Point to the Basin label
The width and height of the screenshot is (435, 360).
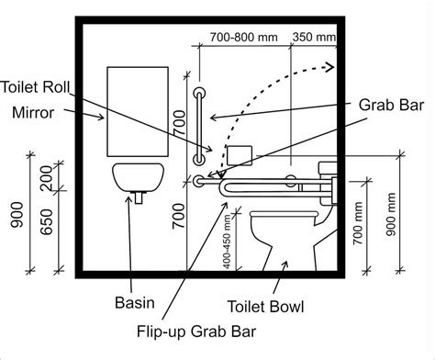coord(134,302)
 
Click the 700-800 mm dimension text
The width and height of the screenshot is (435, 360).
coord(243,38)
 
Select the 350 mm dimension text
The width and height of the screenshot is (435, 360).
coord(314,38)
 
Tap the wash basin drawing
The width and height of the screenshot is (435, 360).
coord(138,177)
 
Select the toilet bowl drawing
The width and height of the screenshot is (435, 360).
coord(281,235)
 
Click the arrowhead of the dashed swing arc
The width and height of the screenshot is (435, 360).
coord(326,65)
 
